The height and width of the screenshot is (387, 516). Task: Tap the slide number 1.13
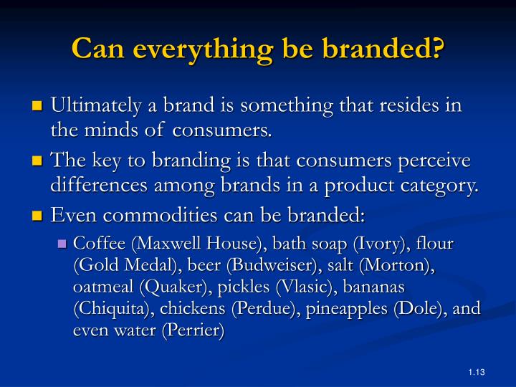[x=477, y=371]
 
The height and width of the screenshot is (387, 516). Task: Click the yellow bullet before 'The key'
[x=39, y=160]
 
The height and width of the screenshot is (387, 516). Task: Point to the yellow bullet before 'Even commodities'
[x=39, y=216]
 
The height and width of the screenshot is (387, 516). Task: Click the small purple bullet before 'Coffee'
[x=62, y=244]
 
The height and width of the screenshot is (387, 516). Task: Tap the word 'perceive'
[x=444, y=160]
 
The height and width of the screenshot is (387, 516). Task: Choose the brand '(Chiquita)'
[x=109, y=310]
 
